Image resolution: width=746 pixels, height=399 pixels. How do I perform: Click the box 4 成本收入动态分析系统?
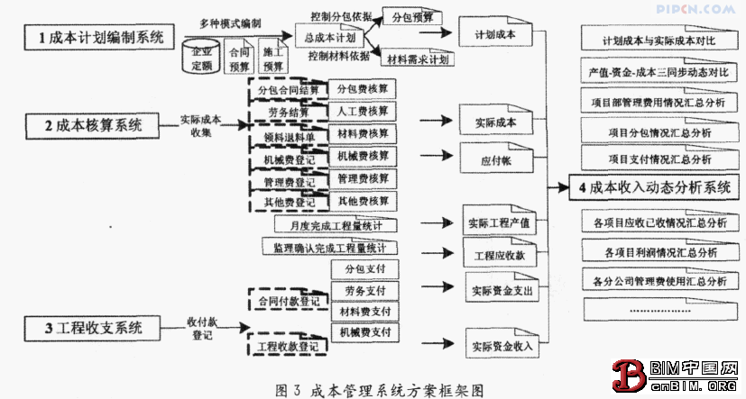pos(655,187)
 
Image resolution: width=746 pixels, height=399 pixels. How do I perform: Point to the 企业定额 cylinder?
pos(204,59)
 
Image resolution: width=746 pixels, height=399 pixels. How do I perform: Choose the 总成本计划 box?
pos(330,38)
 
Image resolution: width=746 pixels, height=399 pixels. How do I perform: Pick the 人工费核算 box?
pos(363,111)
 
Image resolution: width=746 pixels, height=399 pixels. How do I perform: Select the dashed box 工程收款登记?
pos(287,345)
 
